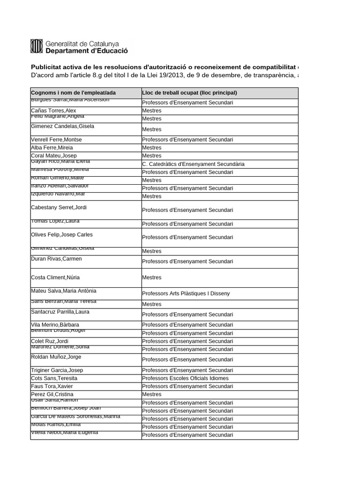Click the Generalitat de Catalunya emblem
click(37, 46)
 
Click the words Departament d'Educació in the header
click(86, 51)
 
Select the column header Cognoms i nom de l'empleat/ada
click(73, 93)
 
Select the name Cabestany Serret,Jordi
click(59, 207)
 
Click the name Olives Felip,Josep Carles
click(62, 234)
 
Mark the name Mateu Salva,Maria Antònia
click(63, 291)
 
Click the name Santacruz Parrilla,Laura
click(60, 312)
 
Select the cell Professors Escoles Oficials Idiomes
click(185, 378)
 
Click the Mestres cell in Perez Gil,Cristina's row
click(151, 394)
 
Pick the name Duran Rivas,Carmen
click(56, 259)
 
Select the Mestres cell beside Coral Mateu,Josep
click(151, 156)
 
